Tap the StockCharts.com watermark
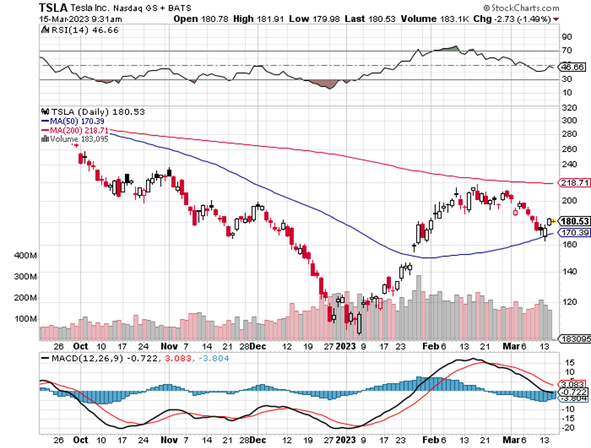524,8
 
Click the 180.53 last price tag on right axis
574,221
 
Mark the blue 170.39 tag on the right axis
574,232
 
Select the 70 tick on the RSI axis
567,50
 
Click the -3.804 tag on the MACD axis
573,398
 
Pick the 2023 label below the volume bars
345,346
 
